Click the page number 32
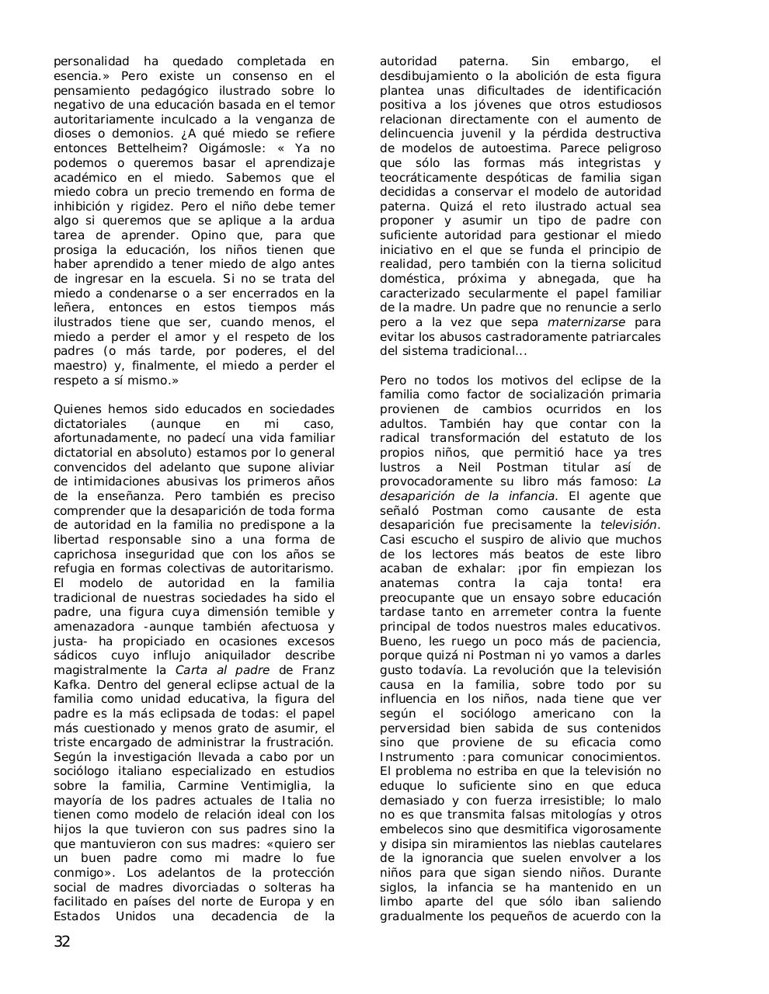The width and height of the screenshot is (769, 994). (x=62, y=943)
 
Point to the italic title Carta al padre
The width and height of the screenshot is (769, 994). (x=222, y=670)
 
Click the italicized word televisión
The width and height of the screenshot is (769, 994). (x=629, y=525)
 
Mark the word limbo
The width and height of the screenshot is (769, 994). (x=398, y=902)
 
